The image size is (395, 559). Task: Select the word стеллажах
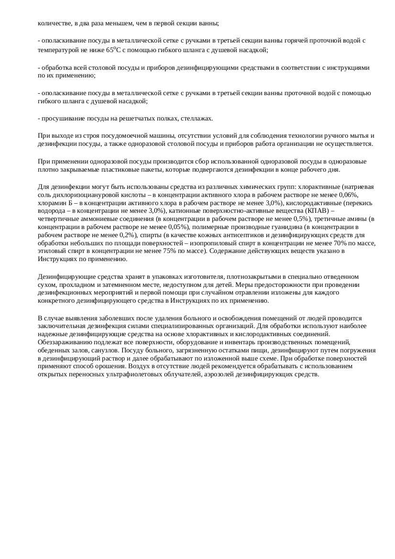[198, 119]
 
